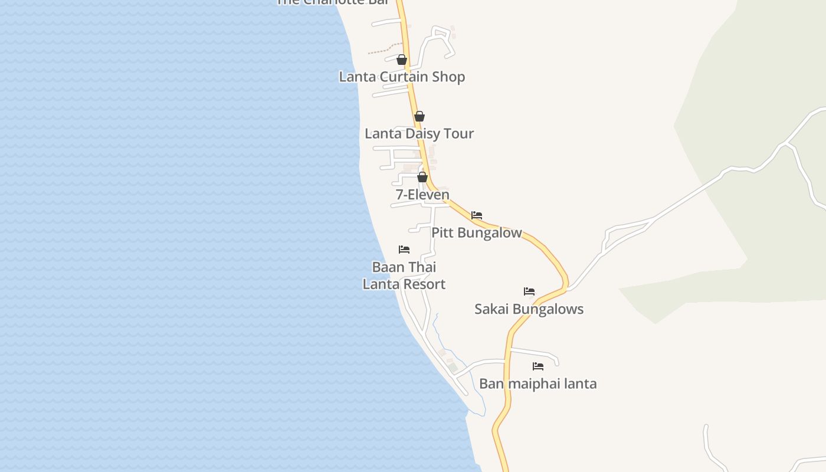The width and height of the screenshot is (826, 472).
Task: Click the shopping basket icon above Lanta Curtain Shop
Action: [x=402, y=60]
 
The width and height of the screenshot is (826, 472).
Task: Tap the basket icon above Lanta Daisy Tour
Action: [x=419, y=116]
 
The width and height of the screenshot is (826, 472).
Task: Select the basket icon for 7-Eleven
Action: [x=422, y=177]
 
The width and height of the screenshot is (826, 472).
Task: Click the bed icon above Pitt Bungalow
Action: [x=477, y=215]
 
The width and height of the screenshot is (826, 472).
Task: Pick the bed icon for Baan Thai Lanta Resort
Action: [x=404, y=250]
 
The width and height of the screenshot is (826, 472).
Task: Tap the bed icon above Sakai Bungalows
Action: [x=529, y=291]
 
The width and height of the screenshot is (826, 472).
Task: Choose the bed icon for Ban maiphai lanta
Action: [x=538, y=366]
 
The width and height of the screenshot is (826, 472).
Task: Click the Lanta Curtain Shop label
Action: [x=402, y=77]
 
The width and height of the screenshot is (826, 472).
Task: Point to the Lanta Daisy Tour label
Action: [x=419, y=133]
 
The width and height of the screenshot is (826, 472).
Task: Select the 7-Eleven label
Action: [x=422, y=194]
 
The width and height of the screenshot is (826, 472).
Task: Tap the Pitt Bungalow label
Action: [x=477, y=232]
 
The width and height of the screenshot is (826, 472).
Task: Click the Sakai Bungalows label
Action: [x=529, y=309]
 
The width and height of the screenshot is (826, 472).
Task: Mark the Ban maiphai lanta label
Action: [x=538, y=383]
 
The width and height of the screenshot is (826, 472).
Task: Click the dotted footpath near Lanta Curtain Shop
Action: [x=379, y=50]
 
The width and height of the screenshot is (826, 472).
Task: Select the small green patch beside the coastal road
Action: [x=453, y=368]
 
